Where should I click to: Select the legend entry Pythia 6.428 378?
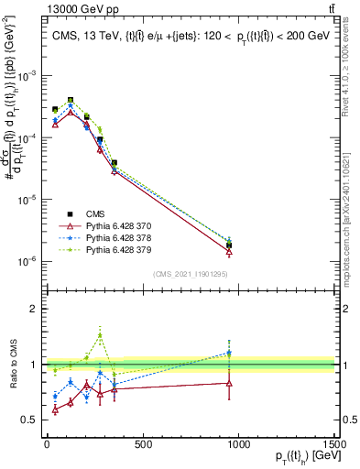pyautogui.click(x=118, y=237)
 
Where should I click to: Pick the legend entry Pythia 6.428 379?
pyautogui.click(x=118, y=249)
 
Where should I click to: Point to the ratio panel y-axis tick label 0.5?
pyautogui.click(x=29, y=420)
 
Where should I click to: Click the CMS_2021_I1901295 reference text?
pyautogui.click(x=191, y=274)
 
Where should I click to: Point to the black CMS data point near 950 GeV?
pyautogui.click(x=229, y=245)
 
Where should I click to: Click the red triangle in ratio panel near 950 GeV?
pyautogui.click(x=229, y=383)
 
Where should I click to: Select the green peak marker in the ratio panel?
pyautogui.click(x=100, y=334)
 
